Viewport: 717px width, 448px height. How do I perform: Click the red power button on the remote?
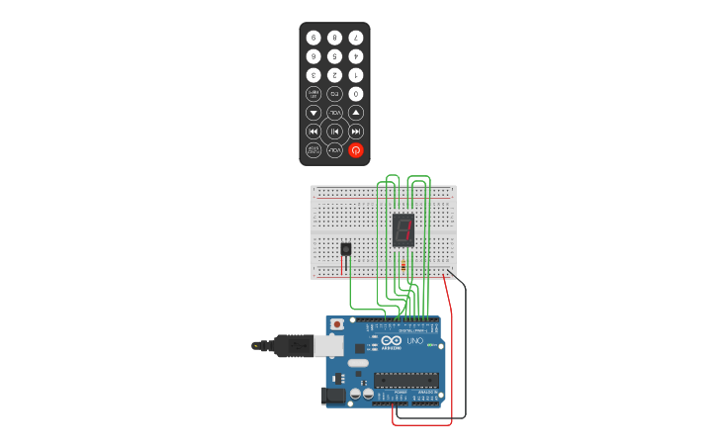pos(356,150)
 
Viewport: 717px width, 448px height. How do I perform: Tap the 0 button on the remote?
pos(356,94)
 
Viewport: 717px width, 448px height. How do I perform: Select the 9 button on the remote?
pos(314,38)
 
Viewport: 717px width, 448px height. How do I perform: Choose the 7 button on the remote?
pos(356,38)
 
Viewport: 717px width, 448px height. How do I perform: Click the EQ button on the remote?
pos(334,94)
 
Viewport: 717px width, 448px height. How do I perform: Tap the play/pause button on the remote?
pos(334,132)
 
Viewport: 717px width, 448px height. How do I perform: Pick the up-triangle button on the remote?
pos(356,113)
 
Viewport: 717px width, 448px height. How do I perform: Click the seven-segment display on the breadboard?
pos(403,229)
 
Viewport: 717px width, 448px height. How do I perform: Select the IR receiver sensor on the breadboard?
pos(345,250)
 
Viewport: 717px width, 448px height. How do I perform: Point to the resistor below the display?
pos(403,265)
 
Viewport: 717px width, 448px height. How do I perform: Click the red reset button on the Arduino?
pos(337,324)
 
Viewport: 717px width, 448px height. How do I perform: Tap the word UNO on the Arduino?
pos(415,341)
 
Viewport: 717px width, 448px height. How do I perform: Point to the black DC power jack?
pos(333,396)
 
